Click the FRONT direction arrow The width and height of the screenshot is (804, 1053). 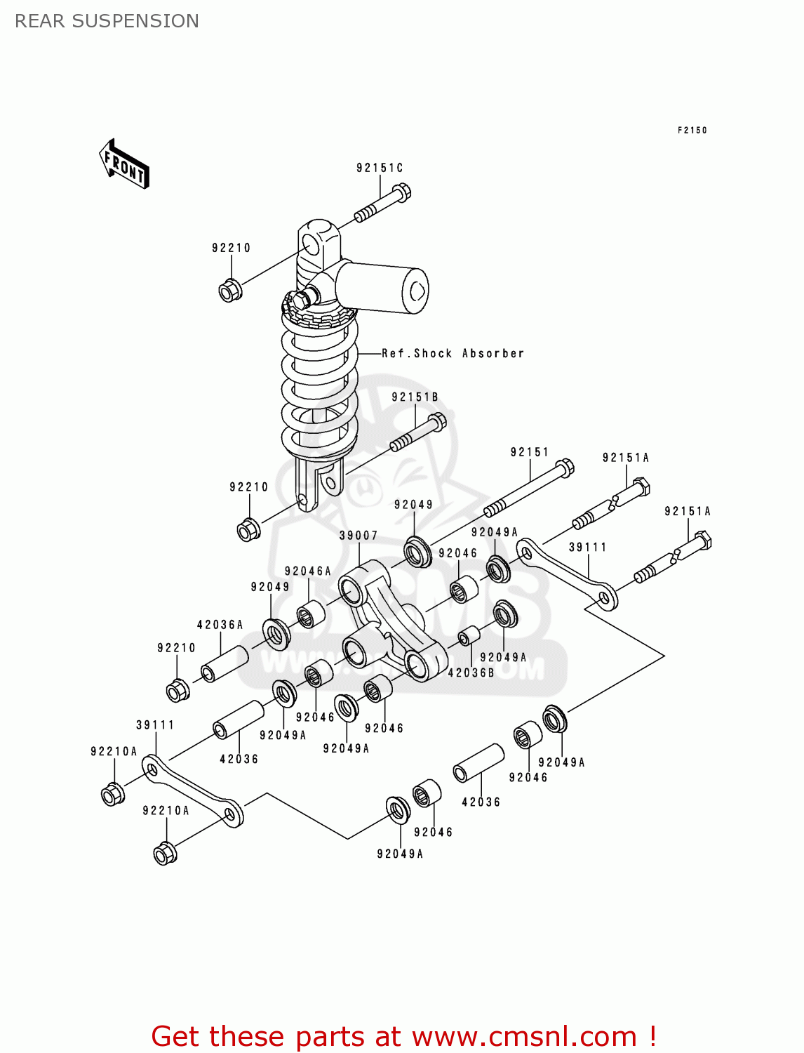point(125,164)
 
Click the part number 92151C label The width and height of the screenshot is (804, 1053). point(380,168)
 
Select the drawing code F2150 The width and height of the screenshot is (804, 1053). point(692,130)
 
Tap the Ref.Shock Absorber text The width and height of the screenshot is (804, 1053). point(453,353)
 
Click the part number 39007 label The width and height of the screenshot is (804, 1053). point(359,535)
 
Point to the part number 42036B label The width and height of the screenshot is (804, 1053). point(471,672)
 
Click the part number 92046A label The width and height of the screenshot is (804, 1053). point(307,571)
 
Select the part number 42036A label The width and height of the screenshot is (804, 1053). point(220,624)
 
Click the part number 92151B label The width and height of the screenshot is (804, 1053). point(415,397)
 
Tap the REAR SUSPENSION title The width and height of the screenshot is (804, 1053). point(107,21)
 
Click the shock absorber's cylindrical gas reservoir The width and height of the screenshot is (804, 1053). point(382,289)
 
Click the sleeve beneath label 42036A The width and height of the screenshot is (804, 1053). point(225,664)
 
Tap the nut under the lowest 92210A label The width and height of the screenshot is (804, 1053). point(165,853)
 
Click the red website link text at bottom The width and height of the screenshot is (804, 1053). point(403,1036)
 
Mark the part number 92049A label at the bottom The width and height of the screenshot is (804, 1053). point(400,854)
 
